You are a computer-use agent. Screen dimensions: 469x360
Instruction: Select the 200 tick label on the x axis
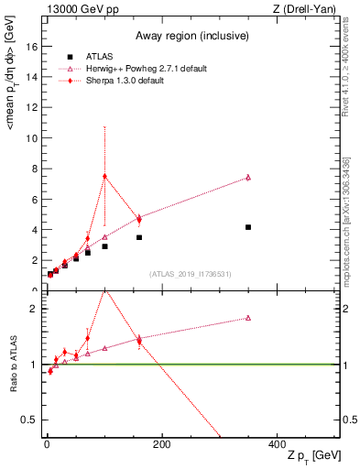tap(161, 443)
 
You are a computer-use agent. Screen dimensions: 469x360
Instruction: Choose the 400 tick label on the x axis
tap(277, 443)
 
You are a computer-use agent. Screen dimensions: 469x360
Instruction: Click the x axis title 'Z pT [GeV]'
tap(309, 456)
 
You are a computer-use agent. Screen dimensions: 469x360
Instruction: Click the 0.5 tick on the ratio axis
tap(32, 420)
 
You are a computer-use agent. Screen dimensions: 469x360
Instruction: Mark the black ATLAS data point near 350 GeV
tap(248, 227)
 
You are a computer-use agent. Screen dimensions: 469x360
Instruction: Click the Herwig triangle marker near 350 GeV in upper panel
tap(248, 178)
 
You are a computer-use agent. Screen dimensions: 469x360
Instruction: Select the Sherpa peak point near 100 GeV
tap(105, 176)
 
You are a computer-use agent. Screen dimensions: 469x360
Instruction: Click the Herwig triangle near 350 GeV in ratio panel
tap(248, 318)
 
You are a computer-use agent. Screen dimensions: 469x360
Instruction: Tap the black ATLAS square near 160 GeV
tap(139, 237)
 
